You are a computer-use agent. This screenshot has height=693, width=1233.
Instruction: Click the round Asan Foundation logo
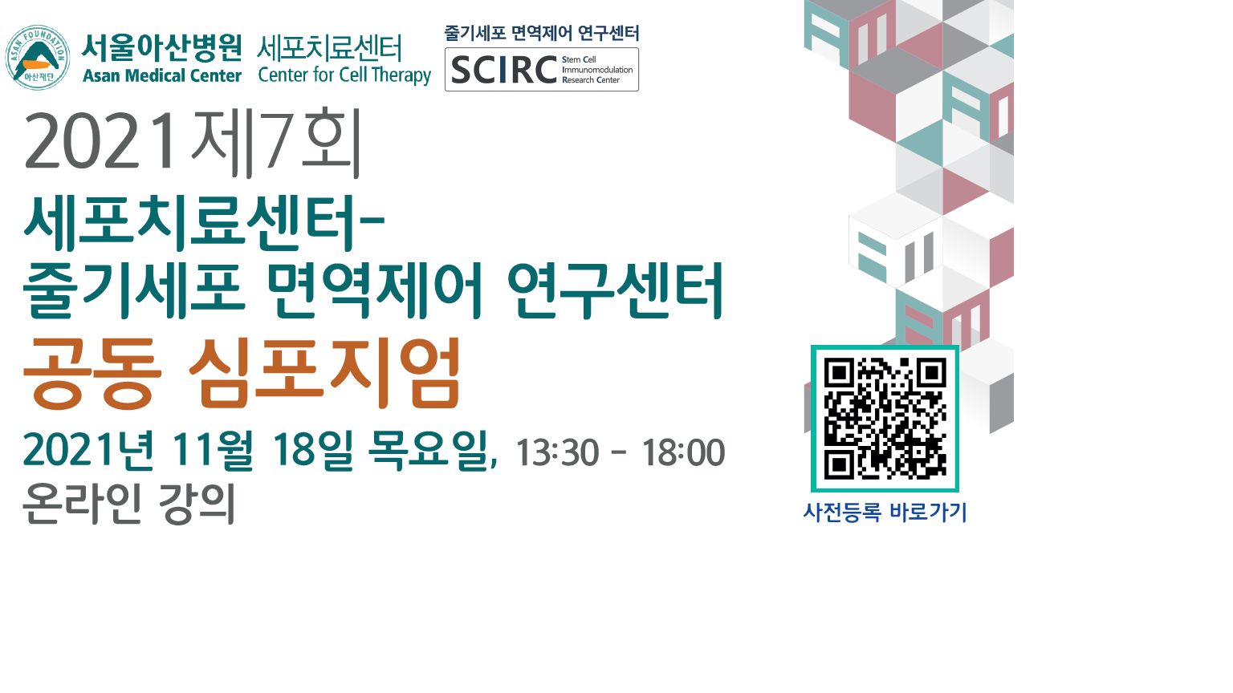tap(37, 57)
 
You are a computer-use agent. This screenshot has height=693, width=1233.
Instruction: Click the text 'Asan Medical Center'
tap(162, 76)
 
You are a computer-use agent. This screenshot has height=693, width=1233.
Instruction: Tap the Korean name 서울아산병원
tap(162, 47)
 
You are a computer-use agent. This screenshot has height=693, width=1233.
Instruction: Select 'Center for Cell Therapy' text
tap(344, 75)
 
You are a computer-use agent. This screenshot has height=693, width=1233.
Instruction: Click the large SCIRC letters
tap(504, 71)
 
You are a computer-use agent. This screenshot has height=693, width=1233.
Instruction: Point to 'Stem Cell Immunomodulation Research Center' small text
tap(596, 70)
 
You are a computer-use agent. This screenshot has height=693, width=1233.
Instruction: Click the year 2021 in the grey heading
tap(101, 142)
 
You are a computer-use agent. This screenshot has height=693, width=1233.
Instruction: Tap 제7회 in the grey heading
tap(276, 142)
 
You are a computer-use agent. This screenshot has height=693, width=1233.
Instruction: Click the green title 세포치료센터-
tap(205, 222)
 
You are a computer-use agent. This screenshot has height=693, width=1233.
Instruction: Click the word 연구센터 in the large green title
tap(616, 289)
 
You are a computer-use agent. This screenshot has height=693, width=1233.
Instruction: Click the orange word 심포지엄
tap(325, 373)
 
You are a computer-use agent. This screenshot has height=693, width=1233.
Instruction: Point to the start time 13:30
tap(557, 453)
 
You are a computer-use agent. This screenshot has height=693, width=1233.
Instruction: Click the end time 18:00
tap(683, 453)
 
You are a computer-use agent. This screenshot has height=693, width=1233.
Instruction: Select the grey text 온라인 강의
tap(129, 503)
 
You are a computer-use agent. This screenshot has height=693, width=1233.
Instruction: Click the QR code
tap(885, 418)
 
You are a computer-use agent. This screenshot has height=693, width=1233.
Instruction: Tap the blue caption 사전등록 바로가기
tap(885, 512)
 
